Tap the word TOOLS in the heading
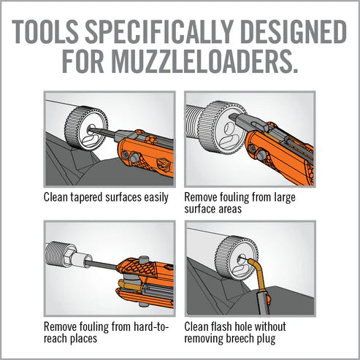point(45,31)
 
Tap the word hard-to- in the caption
point(151,326)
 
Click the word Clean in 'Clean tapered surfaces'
point(55,197)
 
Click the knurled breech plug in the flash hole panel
point(236,258)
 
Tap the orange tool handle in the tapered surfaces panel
point(146,155)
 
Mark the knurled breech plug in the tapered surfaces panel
point(86,129)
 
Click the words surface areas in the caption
point(213,209)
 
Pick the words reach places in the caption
point(70,338)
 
